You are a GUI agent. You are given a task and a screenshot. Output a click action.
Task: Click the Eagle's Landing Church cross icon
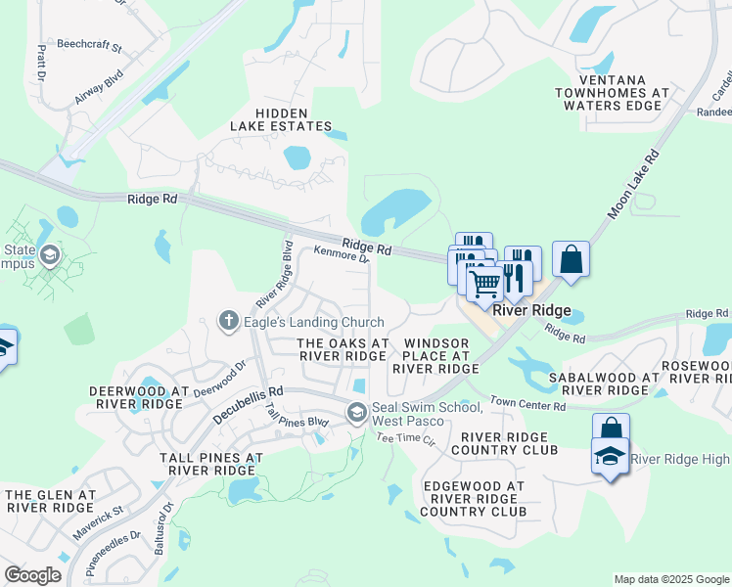coord(229,320)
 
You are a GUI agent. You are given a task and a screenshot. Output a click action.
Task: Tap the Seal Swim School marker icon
coord(356,412)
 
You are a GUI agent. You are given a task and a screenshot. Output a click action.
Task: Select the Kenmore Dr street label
coord(341,254)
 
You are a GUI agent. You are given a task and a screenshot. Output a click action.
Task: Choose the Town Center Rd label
coord(528,403)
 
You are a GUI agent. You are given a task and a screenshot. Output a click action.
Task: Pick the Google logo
coord(32,574)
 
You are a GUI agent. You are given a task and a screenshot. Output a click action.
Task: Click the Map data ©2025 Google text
coord(670,579)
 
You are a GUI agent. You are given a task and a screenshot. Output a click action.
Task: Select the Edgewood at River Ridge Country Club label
coord(474,499)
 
